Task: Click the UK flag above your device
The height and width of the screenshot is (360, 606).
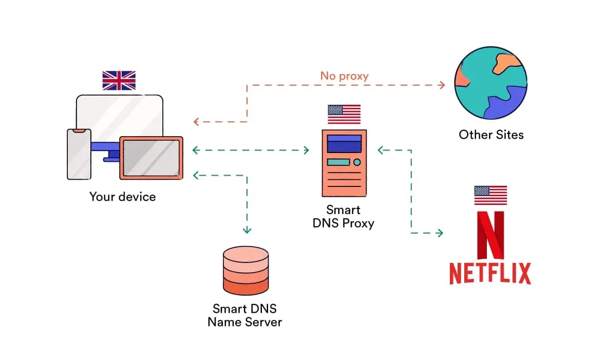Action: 119,81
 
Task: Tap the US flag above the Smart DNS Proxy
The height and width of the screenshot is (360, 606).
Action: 344,115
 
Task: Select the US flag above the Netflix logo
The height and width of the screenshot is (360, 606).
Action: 490,196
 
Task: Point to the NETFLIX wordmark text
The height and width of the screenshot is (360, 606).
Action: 490,273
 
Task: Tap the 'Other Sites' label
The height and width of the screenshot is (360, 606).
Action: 491,135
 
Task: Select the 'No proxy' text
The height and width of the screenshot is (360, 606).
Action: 344,76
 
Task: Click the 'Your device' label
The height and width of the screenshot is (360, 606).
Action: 122,197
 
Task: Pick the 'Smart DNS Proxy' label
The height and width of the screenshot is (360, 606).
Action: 343,217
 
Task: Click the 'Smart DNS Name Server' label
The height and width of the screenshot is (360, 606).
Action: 244,315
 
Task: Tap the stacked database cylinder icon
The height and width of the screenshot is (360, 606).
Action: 245,271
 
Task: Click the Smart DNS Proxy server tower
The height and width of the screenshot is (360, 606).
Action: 344,163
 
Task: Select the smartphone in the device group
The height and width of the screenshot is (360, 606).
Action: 79,154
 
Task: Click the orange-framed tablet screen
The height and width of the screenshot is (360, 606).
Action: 151,158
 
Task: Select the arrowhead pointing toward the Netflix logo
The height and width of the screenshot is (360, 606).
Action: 440,233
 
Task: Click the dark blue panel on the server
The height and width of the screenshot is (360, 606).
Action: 344,147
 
